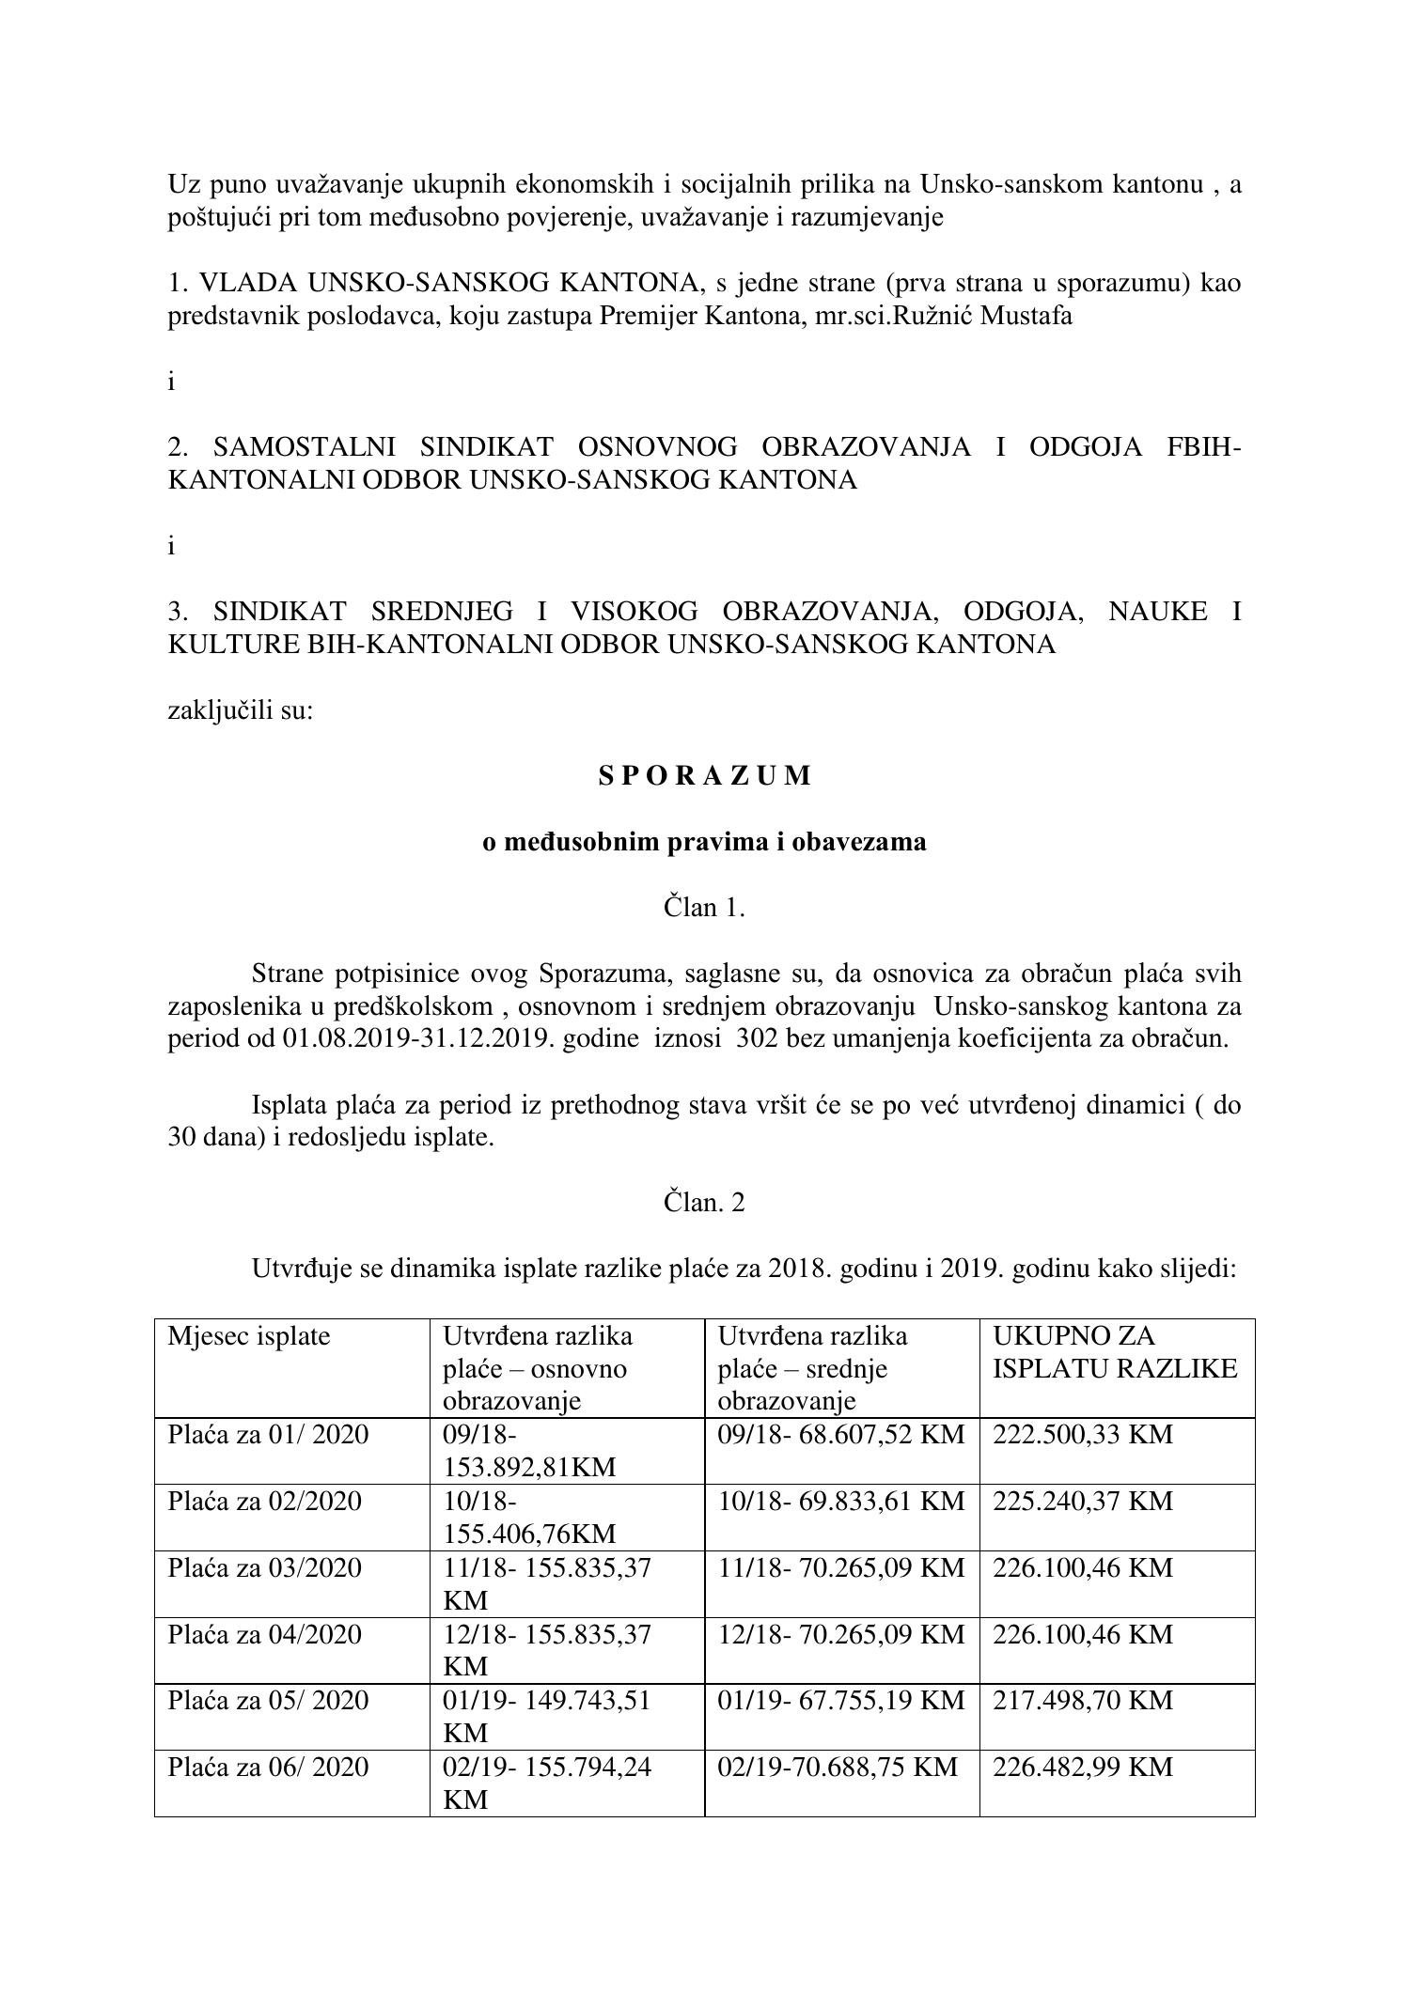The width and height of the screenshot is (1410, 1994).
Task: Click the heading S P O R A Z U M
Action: point(704,776)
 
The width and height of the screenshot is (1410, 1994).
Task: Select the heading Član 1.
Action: point(704,908)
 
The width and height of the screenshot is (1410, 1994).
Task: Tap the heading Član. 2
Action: point(704,1203)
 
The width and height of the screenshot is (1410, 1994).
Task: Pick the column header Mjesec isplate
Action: point(249,1336)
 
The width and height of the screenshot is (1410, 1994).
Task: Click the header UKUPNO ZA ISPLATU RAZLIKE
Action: point(1115,1352)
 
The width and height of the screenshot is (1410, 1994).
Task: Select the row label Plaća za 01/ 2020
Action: point(268,1435)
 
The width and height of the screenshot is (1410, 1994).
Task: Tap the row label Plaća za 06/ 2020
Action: point(268,1767)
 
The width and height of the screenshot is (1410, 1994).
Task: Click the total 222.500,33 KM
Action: point(1083,1435)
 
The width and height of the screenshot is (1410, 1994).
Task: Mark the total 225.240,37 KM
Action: point(1083,1501)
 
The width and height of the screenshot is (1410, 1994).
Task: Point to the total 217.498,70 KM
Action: point(1083,1700)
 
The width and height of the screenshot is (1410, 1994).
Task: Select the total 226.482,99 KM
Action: point(1083,1767)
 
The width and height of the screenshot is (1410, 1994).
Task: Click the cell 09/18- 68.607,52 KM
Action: point(841,1435)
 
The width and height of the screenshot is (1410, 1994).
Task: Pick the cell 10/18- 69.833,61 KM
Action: point(841,1501)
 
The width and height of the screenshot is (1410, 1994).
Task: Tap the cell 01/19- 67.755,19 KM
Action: point(841,1700)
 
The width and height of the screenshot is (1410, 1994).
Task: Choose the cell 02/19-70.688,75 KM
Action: point(838,1767)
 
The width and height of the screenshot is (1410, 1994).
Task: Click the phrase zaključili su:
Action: point(240,710)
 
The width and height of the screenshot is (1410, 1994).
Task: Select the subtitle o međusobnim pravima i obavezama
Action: point(704,842)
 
